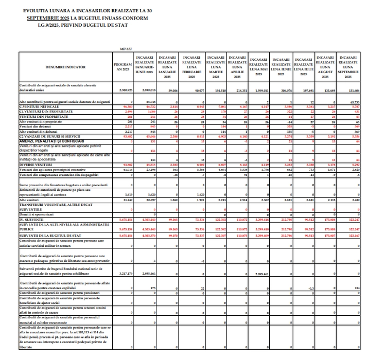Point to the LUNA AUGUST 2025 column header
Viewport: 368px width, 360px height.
click(325, 67)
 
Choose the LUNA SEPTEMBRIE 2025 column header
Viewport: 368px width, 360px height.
click(348, 67)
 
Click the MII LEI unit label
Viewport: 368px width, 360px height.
click(126, 50)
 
